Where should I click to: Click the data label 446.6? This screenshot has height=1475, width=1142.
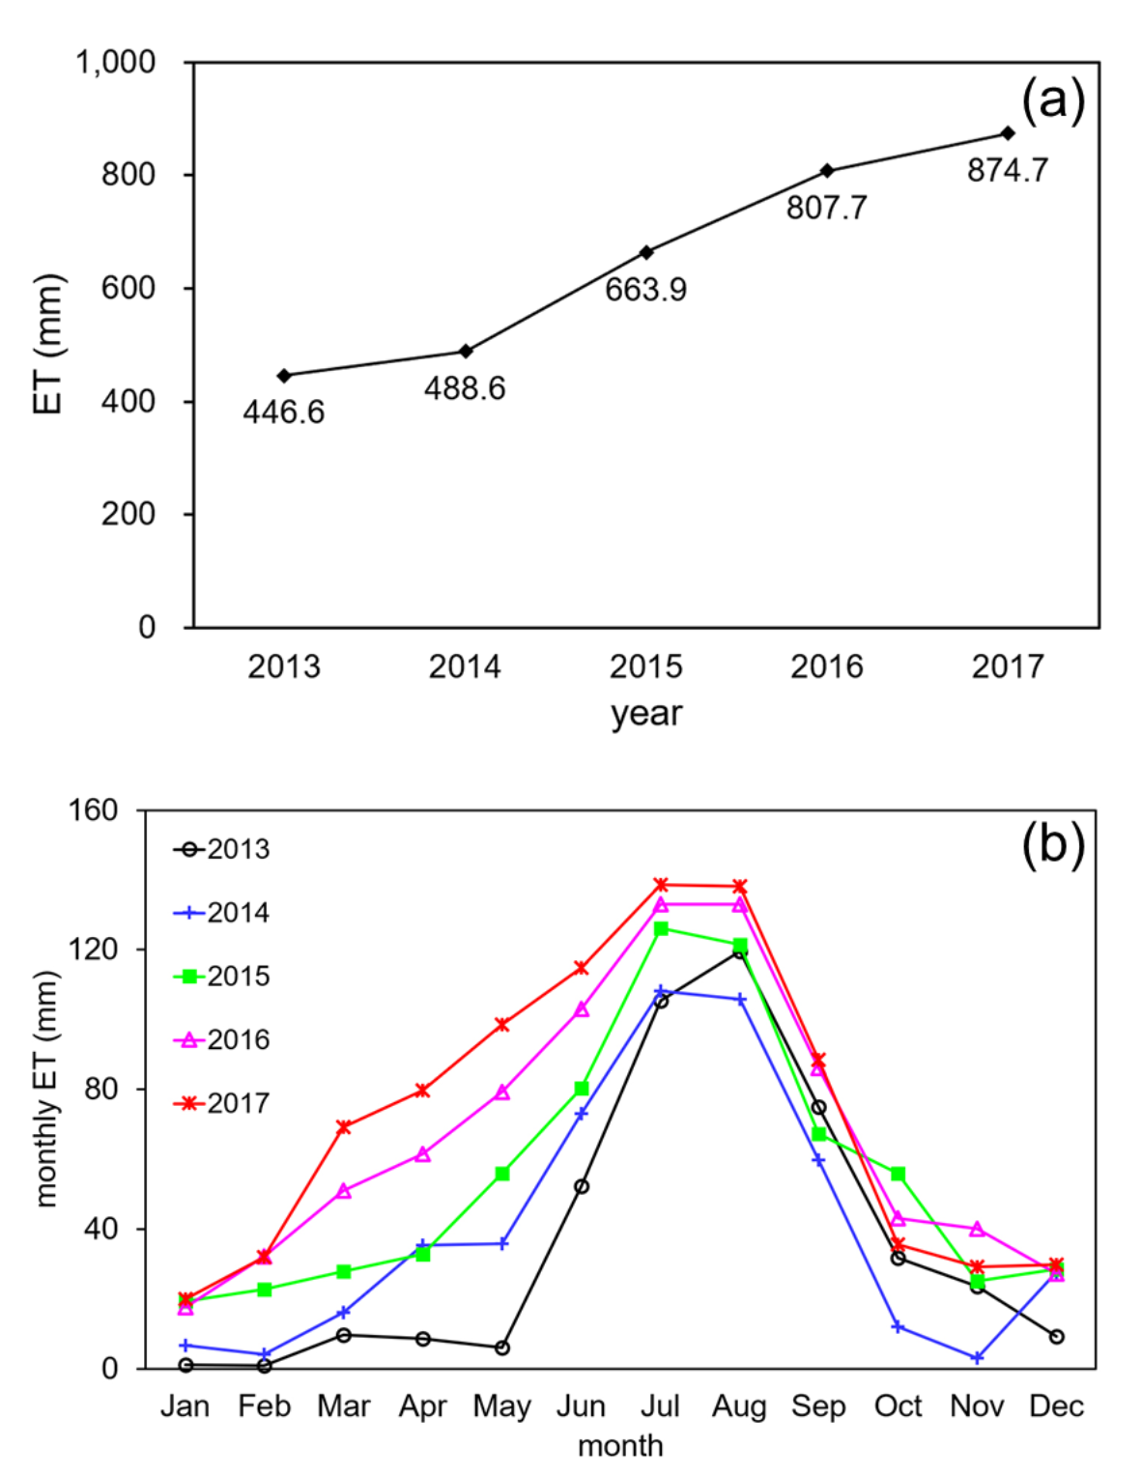coord(283,412)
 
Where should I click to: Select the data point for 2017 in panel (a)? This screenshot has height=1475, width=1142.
coord(1008,133)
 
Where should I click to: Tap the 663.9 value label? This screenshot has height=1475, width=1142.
coord(645,290)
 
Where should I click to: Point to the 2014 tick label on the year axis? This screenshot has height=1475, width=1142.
coord(465,667)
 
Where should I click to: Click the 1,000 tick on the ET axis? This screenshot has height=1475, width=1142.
coord(115,63)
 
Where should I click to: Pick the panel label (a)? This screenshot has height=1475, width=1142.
coord(1053,99)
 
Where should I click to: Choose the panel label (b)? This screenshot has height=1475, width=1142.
coord(1053,843)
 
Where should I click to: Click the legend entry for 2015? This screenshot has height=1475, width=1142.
coord(221,977)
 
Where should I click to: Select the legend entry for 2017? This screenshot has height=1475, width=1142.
coord(221,1103)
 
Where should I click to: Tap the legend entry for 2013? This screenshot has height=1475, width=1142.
coord(221,850)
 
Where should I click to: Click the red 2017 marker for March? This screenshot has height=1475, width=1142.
coord(344,1127)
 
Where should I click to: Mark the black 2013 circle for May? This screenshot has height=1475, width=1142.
coord(502,1347)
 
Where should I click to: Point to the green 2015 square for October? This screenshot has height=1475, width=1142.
coord(899,1174)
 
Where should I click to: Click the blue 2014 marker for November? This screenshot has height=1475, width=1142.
coord(978,1358)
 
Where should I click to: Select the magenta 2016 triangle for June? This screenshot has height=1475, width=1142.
coord(582,1009)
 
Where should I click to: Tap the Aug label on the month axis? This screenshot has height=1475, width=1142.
coord(739,1406)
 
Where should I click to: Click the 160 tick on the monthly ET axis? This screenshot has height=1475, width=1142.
coord(93,810)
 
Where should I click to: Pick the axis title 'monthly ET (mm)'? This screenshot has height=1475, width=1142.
coord(46,1089)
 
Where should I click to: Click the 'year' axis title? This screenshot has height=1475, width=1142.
coord(645,714)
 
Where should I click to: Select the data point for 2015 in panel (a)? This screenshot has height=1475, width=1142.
coord(646,252)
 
